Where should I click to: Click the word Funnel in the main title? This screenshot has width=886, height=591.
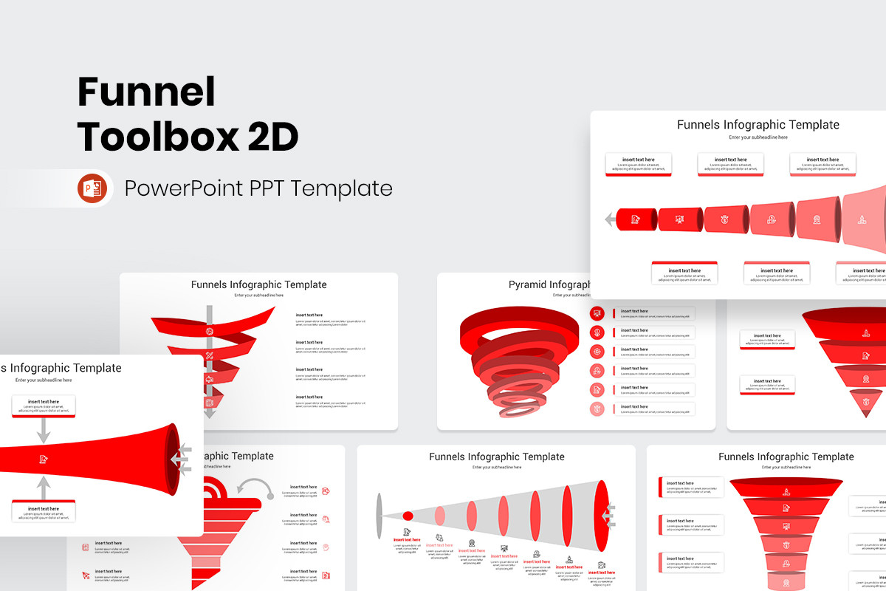146,92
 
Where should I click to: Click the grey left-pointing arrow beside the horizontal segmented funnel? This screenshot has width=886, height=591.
609,219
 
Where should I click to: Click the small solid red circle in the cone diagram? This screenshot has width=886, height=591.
408,516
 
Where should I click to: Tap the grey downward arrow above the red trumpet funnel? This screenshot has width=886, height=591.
44,431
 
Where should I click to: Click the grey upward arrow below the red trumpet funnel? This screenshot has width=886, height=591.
44,487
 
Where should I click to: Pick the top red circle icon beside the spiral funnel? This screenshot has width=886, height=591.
597,313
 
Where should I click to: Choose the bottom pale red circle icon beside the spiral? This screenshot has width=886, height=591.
597,409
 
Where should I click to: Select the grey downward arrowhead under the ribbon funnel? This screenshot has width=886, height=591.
210,414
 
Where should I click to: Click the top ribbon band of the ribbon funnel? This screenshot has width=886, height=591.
214,321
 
